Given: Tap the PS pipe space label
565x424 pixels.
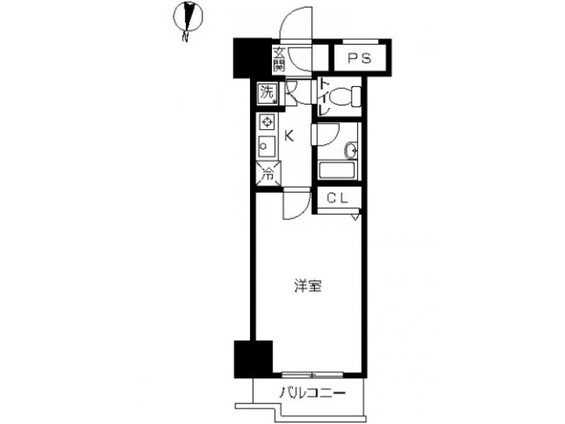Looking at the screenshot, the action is coord(359,58).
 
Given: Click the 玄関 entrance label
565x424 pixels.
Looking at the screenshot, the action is coord(278,59).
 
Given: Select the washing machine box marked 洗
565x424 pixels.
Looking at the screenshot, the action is coord(268,93).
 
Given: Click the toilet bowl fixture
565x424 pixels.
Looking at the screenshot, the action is coord(345,97).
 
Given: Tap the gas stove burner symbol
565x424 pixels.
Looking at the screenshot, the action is coord(267,122).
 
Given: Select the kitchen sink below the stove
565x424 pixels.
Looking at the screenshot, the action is coord(267,146).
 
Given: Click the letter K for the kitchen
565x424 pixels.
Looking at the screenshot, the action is coord(290,136).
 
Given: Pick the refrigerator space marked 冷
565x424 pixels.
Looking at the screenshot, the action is coord(268,174).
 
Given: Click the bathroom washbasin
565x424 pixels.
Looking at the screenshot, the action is coord(351,151).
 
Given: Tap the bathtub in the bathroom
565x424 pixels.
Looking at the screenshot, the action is coord(338,170).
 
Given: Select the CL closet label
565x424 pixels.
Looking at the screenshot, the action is coord(338,198).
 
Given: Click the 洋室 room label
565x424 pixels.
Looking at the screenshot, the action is coord(308,286).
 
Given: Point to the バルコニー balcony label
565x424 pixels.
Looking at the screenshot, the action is coord(313,392).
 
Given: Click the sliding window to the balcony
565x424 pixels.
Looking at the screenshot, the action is coord(312,375).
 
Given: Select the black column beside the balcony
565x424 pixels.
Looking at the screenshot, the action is coord(254,359).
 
